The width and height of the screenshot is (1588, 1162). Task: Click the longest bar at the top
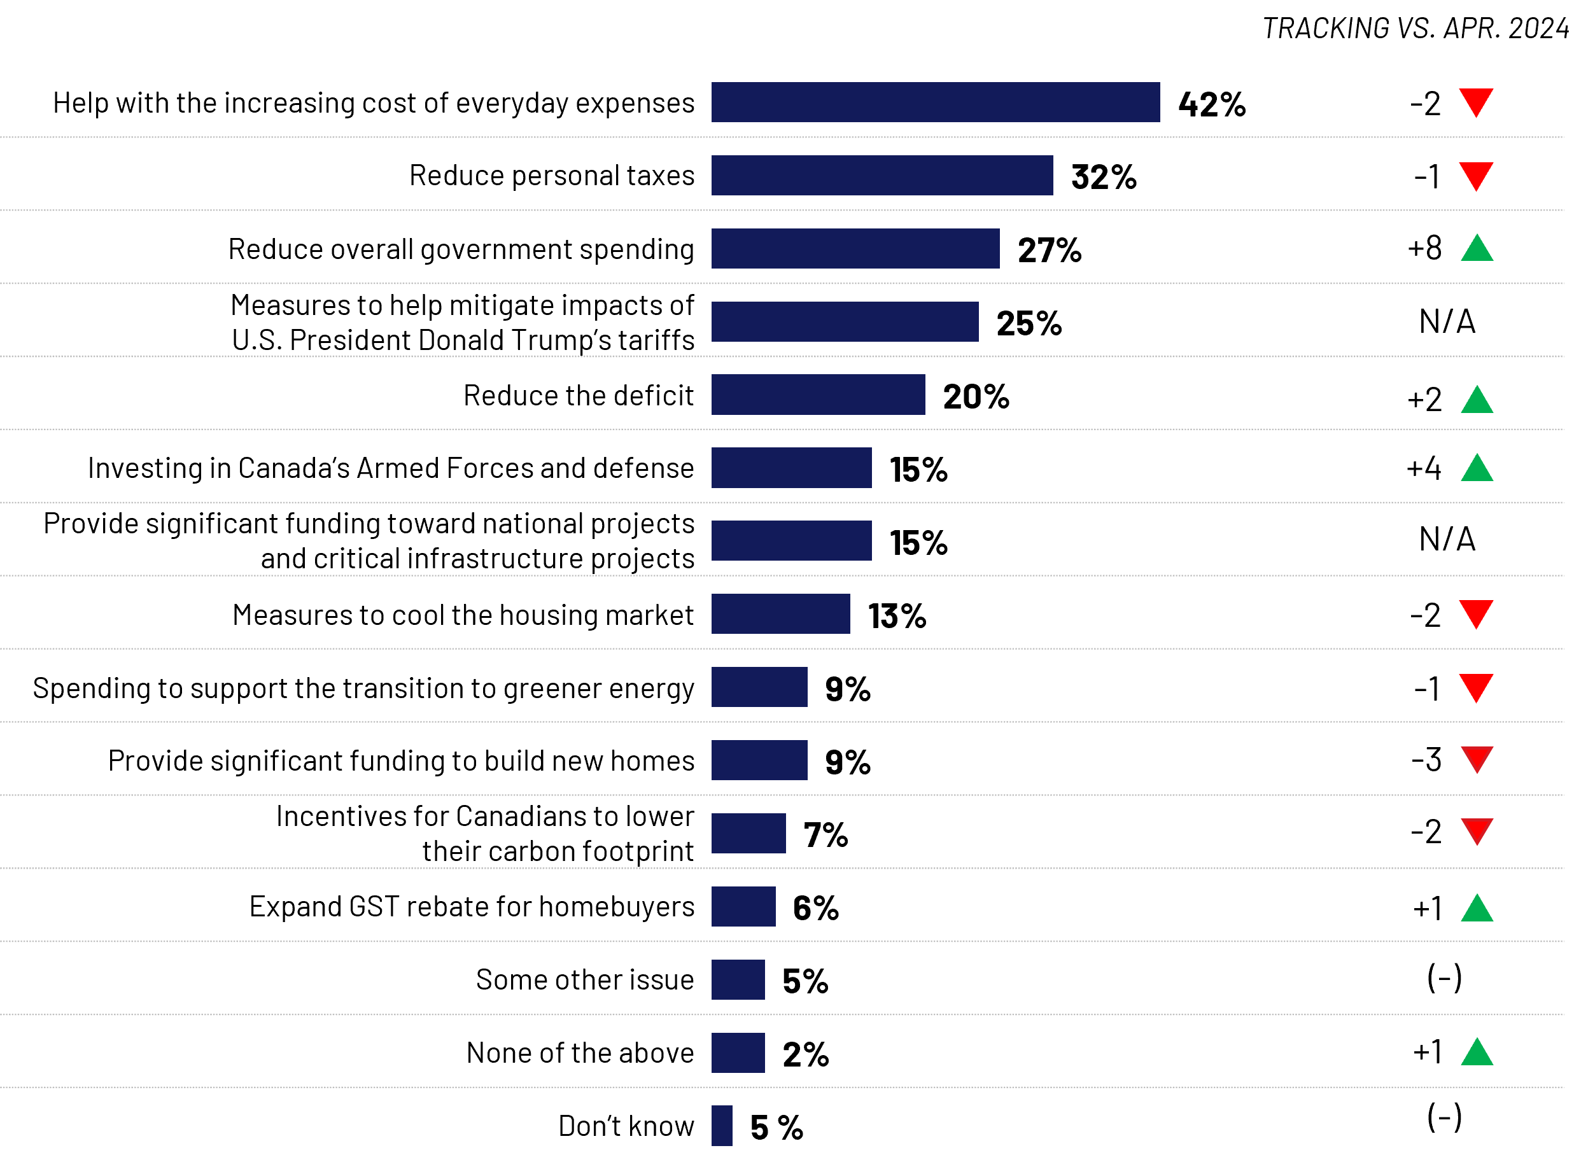tap(935, 102)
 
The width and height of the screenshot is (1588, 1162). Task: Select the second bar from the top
tap(882, 175)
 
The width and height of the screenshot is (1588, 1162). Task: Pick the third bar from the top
tap(855, 248)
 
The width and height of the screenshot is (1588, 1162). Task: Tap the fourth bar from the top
tap(845, 321)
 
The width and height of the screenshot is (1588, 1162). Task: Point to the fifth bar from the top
tap(818, 395)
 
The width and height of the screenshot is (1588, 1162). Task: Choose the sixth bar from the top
tap(791, 468)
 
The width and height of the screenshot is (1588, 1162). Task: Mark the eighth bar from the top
tap(780, 613)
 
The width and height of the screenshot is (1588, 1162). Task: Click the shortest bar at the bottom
tap(721, 1126)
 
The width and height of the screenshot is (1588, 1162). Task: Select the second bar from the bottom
tap(738, 1053)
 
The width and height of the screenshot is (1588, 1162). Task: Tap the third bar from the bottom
tap(738, 979)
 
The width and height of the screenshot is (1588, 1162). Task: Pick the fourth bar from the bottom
tap(743, 906)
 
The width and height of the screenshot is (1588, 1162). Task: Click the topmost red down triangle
tap(1476, 101)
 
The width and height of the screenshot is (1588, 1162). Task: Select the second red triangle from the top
tap(1476, 174)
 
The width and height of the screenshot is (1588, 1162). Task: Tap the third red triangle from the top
tap(1476, 613)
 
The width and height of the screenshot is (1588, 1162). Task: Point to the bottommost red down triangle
tap(1477, 830)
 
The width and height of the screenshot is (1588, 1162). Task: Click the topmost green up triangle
tap(1477, 249)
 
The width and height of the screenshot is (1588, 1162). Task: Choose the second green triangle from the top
tap(1477, 401)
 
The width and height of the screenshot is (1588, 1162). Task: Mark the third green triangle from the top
tap(1477, 469)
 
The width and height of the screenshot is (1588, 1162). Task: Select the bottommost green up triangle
tap(1477, 1054)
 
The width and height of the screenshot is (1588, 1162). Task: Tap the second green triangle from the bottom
tap(1477, 909)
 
